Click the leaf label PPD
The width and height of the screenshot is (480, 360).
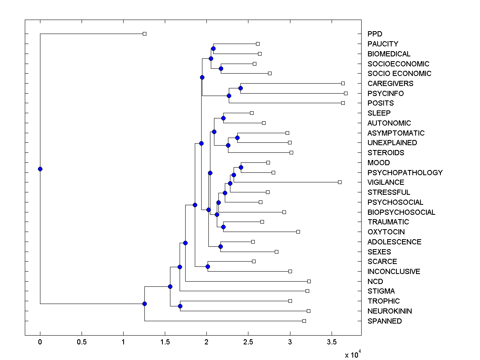coord(375,34)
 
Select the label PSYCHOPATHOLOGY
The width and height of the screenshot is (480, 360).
coord(405,172)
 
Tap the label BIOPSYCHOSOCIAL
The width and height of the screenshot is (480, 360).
coord(401,212)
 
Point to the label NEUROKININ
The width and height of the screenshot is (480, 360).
coord(390,311)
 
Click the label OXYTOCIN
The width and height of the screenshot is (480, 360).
coord(386,232)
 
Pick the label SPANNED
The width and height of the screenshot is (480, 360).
coord(385,321)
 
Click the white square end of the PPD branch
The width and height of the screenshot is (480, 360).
coord(145,34)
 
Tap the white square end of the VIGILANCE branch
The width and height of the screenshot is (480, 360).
coord(340,182)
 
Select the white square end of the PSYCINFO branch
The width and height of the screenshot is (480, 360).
coord(346,93)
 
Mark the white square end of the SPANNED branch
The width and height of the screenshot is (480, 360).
coord(304,321)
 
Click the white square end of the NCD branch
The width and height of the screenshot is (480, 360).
coord(309,281)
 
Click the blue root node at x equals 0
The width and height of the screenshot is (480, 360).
coord(40,169)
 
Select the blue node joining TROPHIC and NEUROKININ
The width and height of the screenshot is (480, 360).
coord(180,306)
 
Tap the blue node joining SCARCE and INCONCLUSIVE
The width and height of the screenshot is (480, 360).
coord(208,266)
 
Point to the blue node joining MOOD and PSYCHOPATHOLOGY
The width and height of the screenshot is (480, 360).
coord(241,167)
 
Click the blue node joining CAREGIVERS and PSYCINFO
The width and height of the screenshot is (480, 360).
coord(240,88)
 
